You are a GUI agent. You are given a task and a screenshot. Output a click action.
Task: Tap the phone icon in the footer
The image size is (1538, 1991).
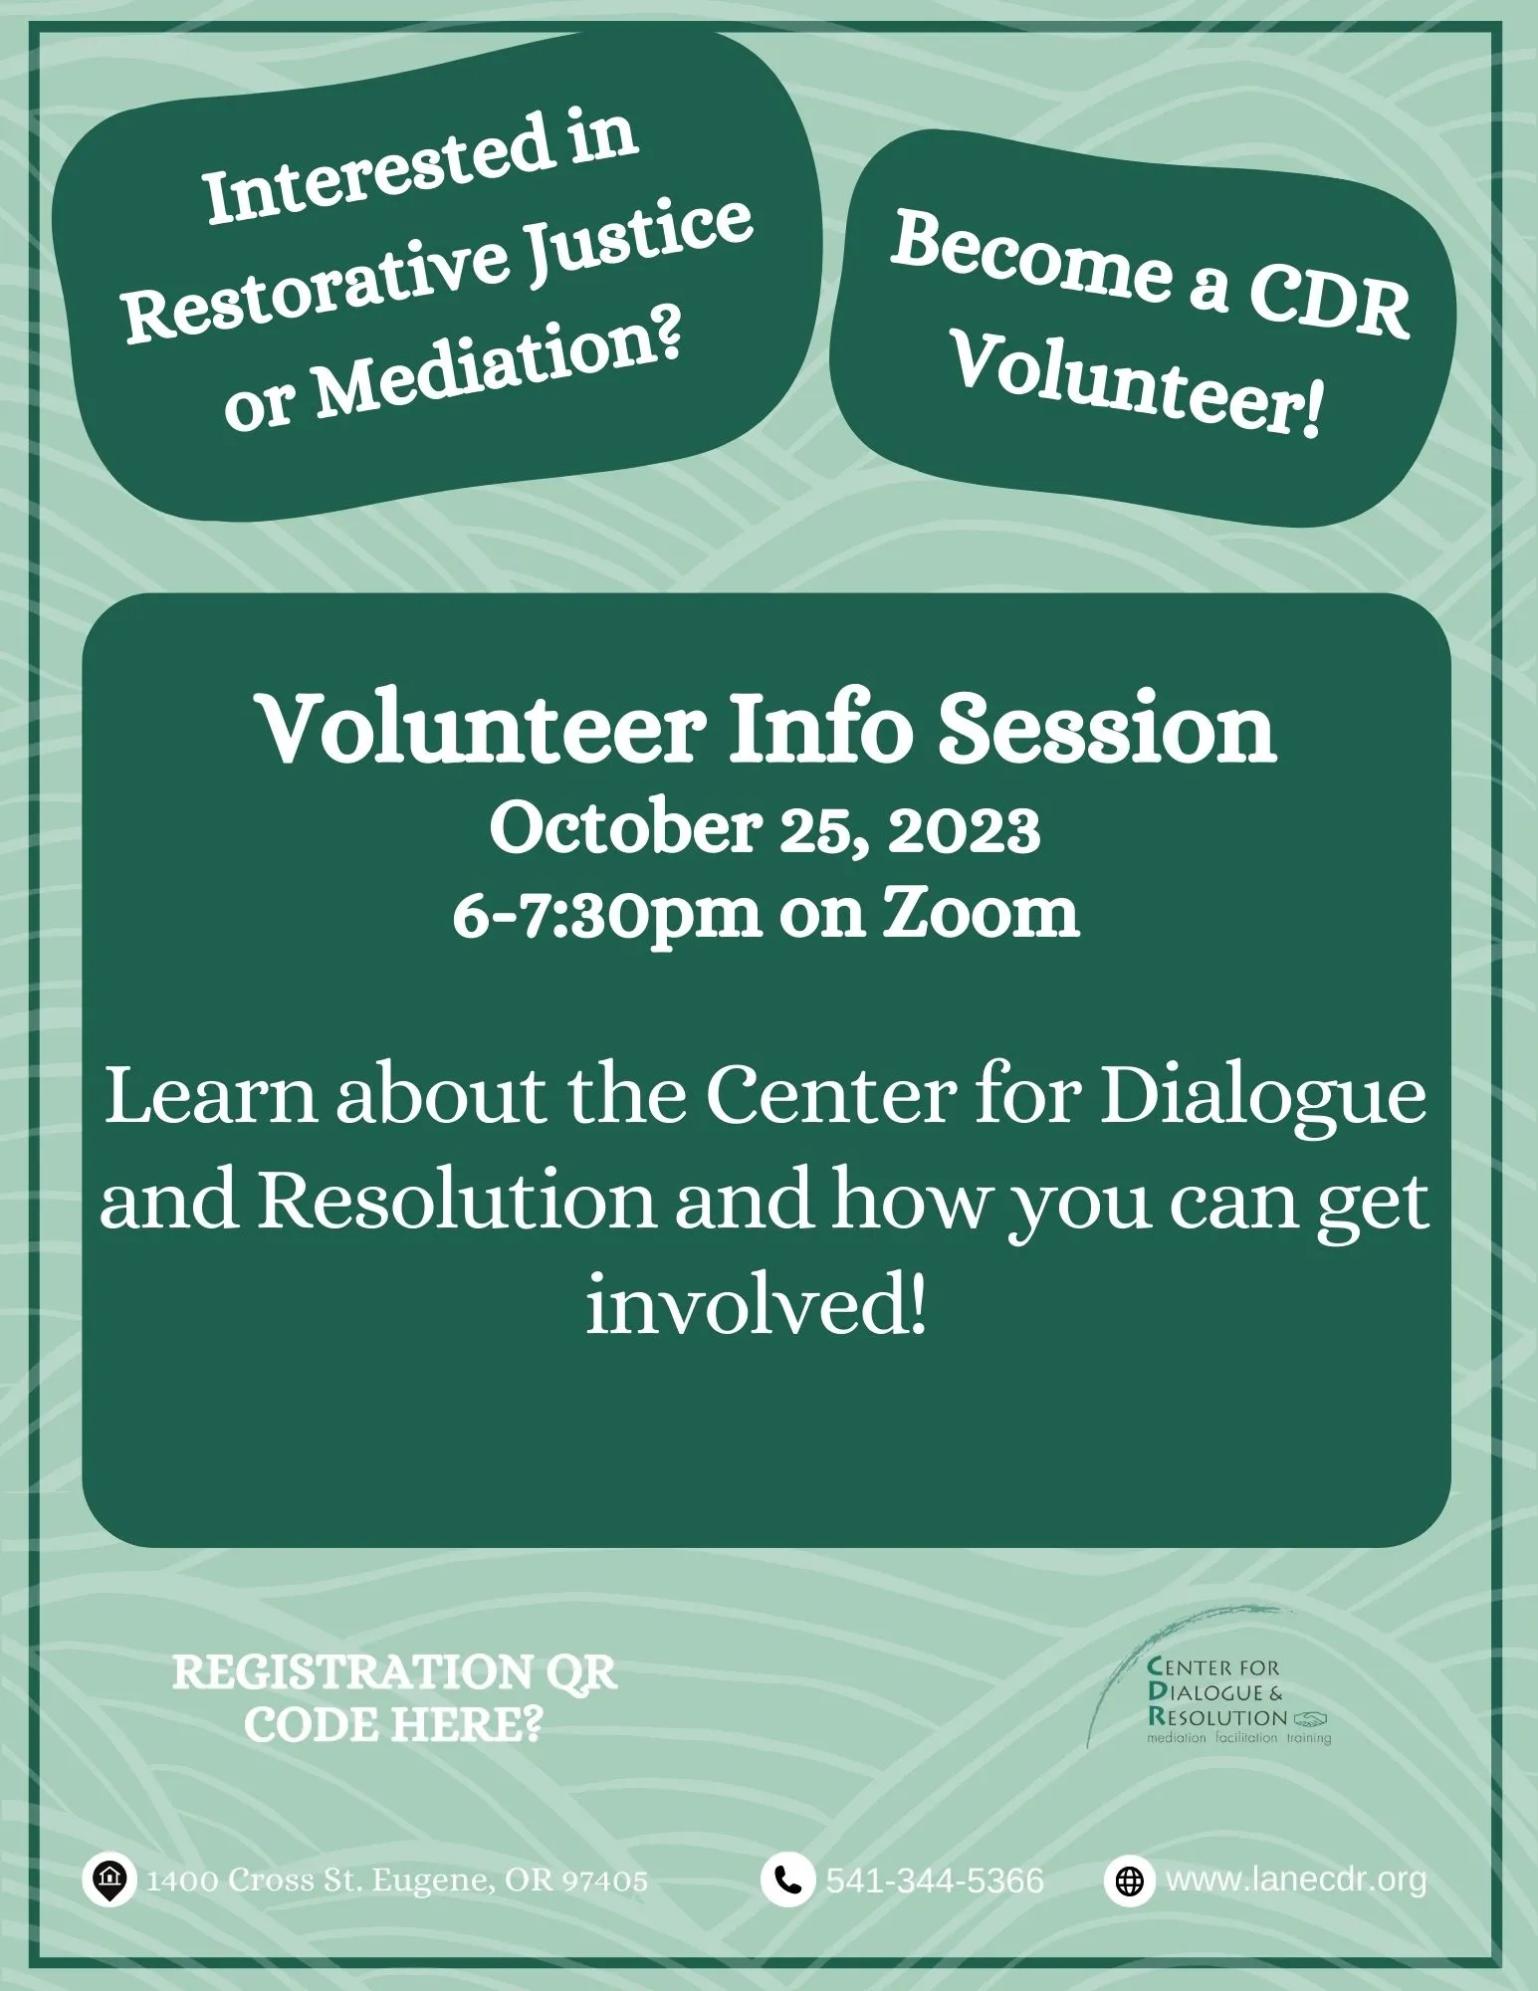(787, 1880)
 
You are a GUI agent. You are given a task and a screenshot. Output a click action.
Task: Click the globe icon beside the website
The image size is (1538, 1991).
(1129, 1880)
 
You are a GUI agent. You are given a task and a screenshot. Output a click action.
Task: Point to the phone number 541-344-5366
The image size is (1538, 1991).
(935, 1880)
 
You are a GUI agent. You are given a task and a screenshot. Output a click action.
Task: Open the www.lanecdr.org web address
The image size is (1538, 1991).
(1296, 1880)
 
